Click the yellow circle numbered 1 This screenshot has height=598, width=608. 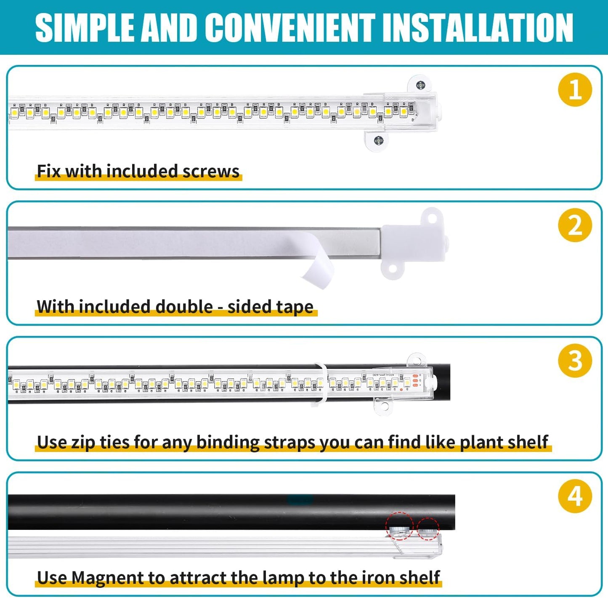575,90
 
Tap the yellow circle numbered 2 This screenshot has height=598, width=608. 575,225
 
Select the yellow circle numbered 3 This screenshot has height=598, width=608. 575,360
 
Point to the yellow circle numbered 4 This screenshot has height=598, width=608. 575,496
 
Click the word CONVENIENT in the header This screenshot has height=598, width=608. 292,28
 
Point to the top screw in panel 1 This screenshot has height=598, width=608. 420,85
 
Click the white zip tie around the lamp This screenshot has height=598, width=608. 321,383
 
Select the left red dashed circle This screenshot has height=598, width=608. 399,526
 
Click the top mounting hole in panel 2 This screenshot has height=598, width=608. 431,218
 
